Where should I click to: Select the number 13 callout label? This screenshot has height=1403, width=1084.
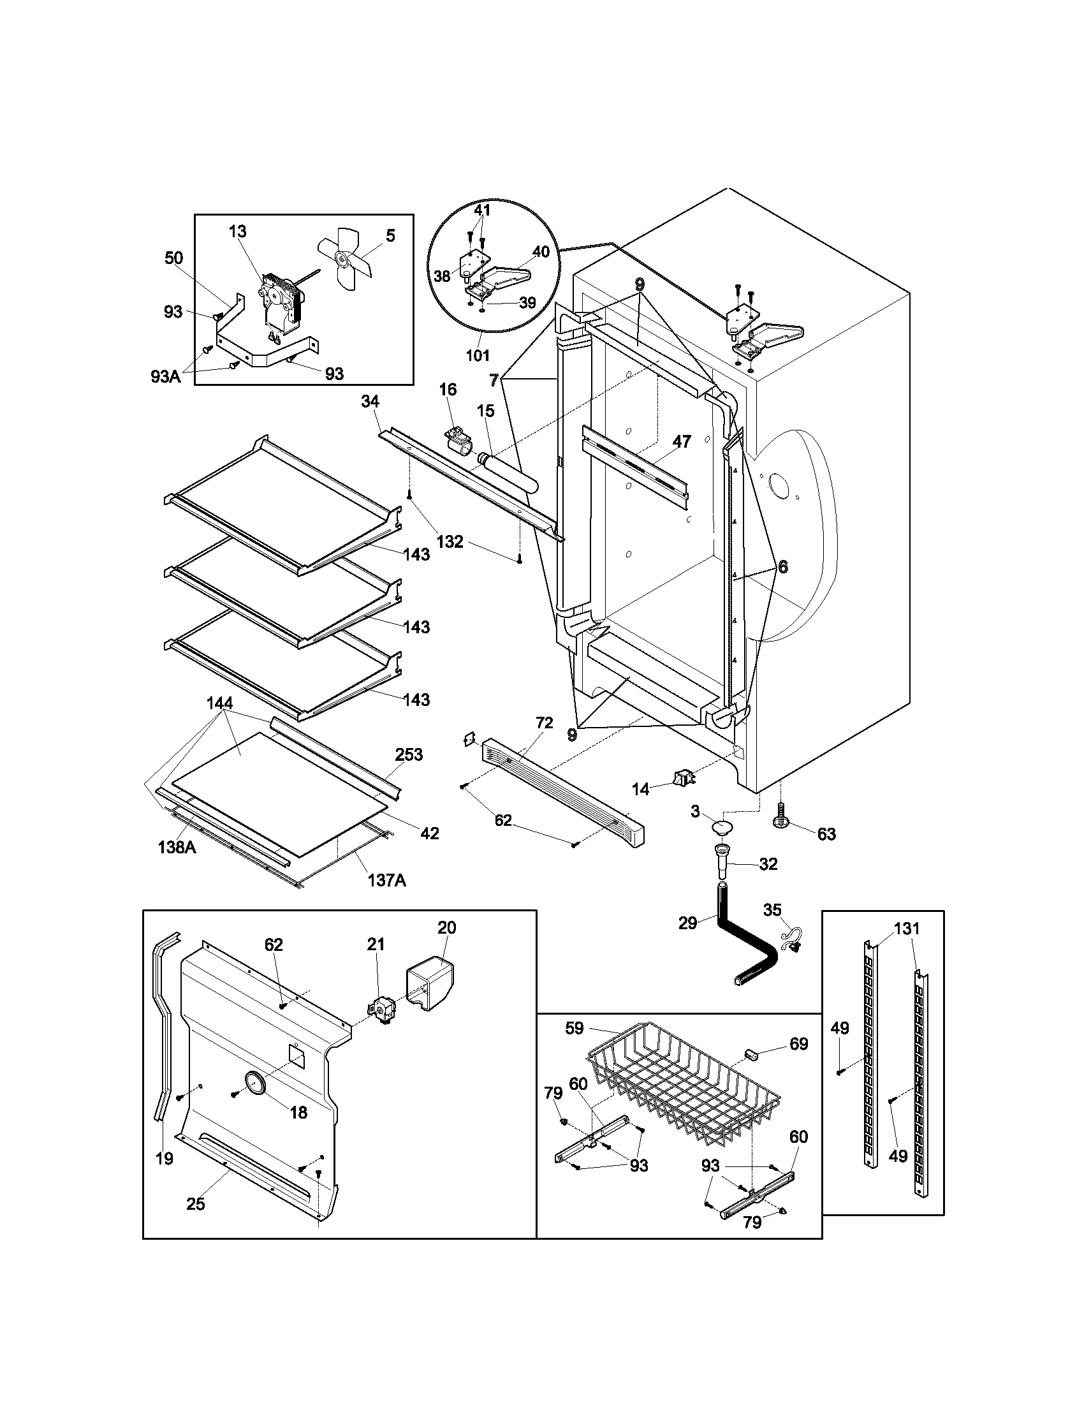point(237,231)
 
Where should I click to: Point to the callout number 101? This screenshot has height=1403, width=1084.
point(477,355)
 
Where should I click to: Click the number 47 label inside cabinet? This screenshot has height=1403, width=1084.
point(682,441)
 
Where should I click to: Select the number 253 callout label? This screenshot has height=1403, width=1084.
point(409,754)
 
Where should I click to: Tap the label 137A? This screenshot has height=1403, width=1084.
point(386,879)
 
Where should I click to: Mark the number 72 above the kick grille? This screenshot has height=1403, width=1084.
point(544,723)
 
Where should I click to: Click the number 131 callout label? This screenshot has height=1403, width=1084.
point(906,929)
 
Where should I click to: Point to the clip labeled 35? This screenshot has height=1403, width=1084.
point(791,939)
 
